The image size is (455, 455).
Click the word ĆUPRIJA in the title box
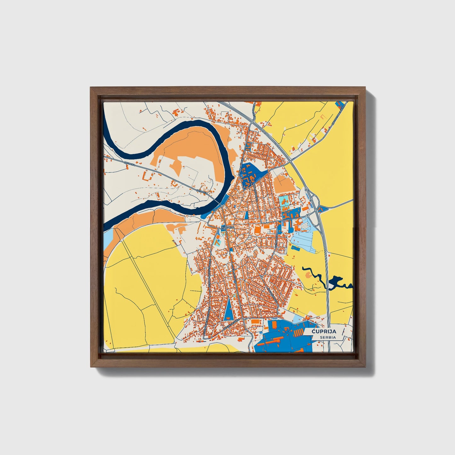(x=324, y=331)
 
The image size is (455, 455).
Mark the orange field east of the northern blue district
(x=284, y=184)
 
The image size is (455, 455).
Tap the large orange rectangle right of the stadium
(x=267, y=226)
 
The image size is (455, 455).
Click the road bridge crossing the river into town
(x=217, y=202)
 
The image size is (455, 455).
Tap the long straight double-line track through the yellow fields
(x=148, y=283)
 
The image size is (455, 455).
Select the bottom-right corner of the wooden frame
(x=366, y=367)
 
